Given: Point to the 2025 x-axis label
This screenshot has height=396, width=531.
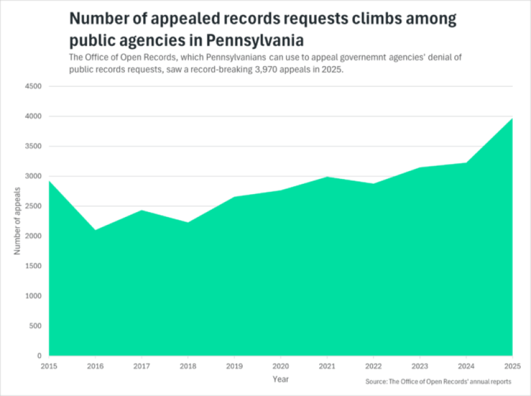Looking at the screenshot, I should click(512, 366).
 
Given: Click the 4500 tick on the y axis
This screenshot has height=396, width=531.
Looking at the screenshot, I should click(33, 86).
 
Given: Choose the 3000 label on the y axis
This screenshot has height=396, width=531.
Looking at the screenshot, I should click(33, 176).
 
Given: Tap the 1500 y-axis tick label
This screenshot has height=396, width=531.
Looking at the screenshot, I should click(33, 266).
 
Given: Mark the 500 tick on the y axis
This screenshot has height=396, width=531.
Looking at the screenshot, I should click(35, 326).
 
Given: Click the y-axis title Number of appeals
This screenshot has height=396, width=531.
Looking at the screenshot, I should click(17, 221).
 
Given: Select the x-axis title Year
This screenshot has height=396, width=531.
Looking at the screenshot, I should click(280, 380).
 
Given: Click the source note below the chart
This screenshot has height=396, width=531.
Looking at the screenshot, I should click(438, 382).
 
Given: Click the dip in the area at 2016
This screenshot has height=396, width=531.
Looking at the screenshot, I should click(95, 230).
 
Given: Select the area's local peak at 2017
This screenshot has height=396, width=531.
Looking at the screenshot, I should click(142, 210).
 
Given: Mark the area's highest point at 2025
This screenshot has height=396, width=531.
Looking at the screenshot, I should click(512, 118).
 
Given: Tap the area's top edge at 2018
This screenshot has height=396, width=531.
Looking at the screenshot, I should click(188, 222).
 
